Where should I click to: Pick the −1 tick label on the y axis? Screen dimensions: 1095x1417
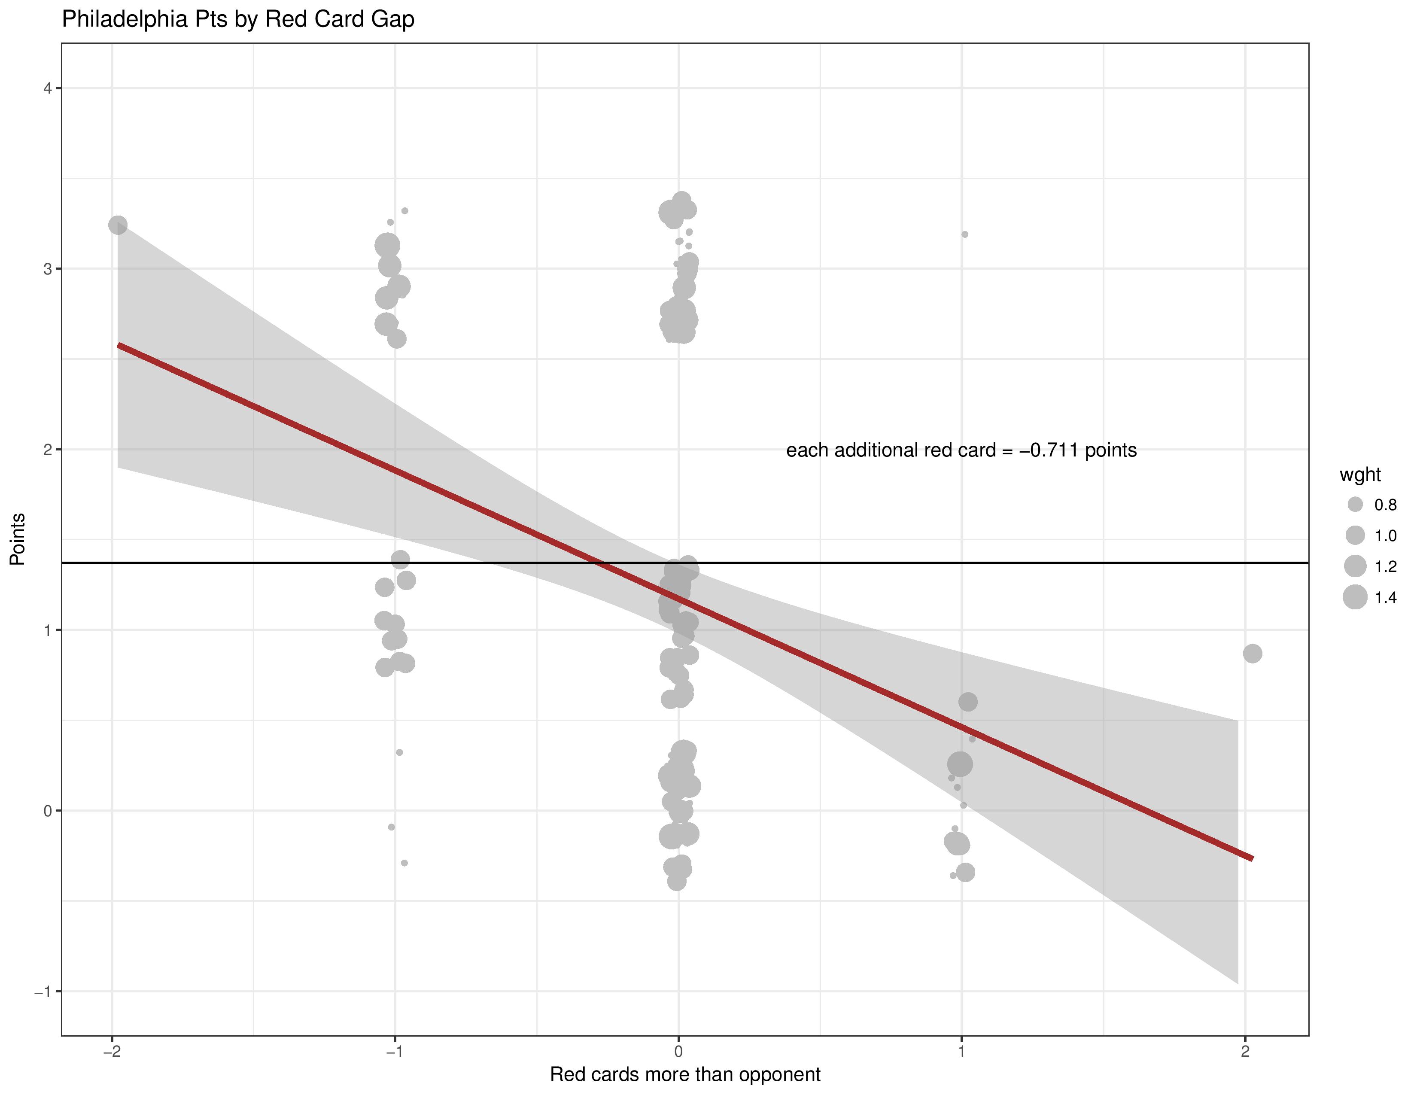tap(43, 991)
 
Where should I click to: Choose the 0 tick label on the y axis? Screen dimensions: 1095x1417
tap(47, 811)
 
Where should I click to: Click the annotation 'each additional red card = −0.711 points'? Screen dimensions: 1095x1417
tap(961, 450)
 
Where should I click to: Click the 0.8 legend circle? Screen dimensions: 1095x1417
tap(1355, 505)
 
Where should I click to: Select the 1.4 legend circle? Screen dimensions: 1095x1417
tap(1355, 597)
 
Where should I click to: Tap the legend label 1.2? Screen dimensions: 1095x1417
tap(1385, 566)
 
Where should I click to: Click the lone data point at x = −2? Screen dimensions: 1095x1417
tap(117, 225)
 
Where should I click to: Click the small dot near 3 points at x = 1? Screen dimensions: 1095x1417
tap(965, 234)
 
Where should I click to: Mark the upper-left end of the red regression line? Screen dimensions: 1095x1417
tap(119, 345)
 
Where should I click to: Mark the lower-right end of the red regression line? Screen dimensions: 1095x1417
tap(1252, 859)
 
